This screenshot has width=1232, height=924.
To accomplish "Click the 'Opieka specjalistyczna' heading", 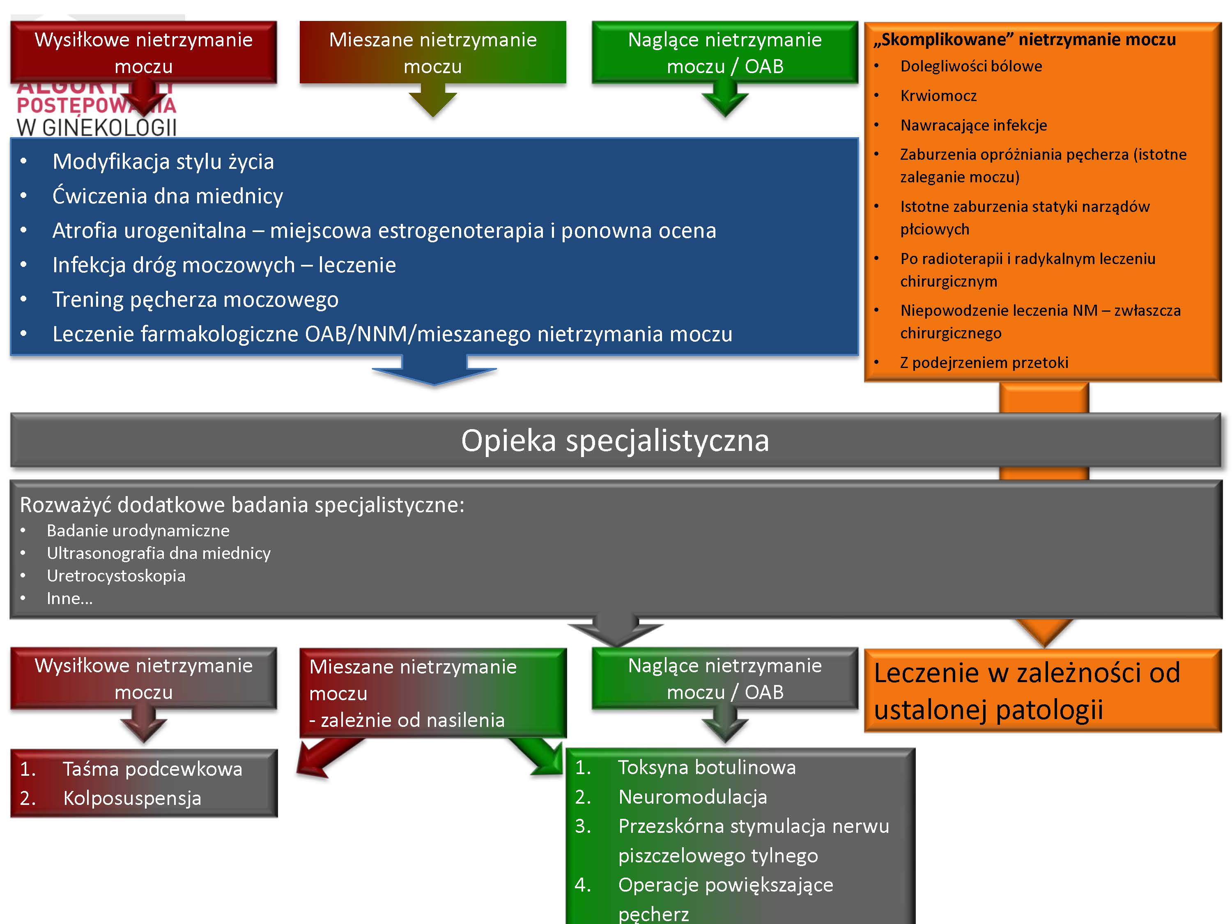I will pos(614,441).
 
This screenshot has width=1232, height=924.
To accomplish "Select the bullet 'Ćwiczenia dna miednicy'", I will pos(167,196).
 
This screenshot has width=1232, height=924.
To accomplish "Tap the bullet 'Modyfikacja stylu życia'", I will pos(163,161).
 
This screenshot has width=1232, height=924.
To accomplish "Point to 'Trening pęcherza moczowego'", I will pos(195,300).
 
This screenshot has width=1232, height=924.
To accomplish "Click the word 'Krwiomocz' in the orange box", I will pos(938,96).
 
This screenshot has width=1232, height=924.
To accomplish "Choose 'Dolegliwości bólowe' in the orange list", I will pos(971,66).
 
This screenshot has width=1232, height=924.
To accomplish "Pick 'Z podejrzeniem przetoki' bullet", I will pos(984,363).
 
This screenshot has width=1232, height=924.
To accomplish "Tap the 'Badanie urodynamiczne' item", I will pos(138,530).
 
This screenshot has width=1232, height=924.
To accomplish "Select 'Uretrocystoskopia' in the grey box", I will pos(116,575).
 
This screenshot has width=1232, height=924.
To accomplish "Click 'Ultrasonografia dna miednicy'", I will pos(158,553).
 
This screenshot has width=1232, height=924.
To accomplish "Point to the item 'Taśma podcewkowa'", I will pos(152,769).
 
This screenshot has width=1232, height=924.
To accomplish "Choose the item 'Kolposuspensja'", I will pos(132,798).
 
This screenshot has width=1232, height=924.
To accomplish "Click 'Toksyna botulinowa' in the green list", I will pos(706,768).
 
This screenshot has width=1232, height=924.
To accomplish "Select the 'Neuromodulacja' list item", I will pos(692,797).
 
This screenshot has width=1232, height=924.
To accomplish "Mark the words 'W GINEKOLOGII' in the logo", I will pos(97,128).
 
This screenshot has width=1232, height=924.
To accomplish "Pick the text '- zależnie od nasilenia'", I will pos(407,720).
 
